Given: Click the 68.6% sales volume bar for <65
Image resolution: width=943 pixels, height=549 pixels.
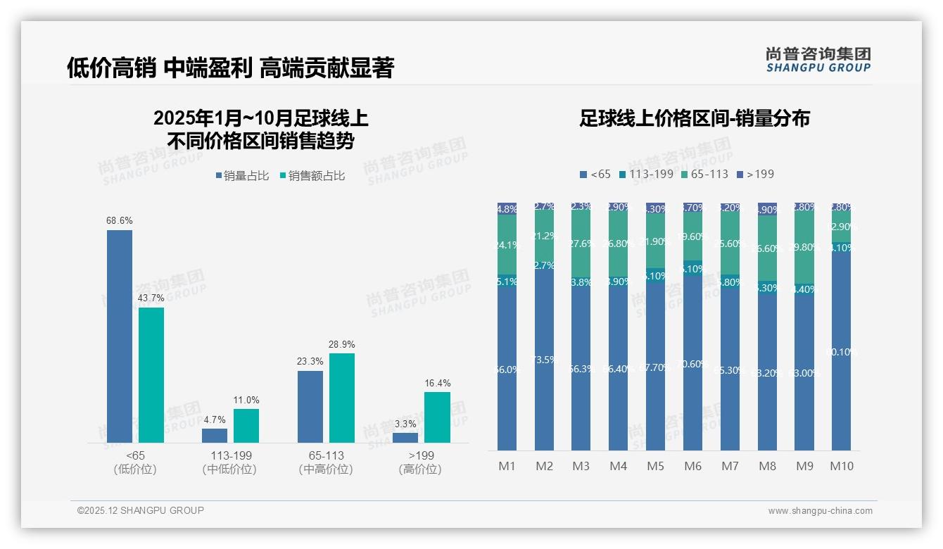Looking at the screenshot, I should coord(120,336).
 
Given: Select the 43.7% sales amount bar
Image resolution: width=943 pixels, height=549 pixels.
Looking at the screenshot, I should coord(151,374).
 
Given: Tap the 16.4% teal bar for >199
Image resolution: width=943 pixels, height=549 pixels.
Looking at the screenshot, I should coord(437,417).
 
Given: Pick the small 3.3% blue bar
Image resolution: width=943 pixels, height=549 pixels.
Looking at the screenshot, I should coord(405,437).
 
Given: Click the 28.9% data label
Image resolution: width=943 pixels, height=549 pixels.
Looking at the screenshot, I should coord(342,345).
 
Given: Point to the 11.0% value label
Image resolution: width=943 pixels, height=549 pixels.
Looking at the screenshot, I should coord(246,400).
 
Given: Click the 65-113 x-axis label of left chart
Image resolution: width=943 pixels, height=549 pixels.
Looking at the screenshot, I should coord(326,455).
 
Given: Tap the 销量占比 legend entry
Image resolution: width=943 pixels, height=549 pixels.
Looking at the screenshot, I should coord(242,176).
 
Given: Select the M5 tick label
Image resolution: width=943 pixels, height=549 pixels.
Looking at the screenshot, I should coord(655,466).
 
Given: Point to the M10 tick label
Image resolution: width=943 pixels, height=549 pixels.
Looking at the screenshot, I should coord(841,466).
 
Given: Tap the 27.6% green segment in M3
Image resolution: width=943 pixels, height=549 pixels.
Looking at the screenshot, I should coord(581,244).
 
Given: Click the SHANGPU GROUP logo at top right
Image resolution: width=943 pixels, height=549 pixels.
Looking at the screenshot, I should coord(818,60).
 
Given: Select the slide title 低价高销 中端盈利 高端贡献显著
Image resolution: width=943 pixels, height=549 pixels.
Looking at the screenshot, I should coord(230,68).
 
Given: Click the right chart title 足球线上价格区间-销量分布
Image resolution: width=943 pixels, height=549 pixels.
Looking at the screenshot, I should coord(694,118).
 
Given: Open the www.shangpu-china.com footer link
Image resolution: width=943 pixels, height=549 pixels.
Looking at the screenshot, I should coord(820,511).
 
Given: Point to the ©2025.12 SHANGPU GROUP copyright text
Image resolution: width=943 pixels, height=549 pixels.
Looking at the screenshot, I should coord(141,510).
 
